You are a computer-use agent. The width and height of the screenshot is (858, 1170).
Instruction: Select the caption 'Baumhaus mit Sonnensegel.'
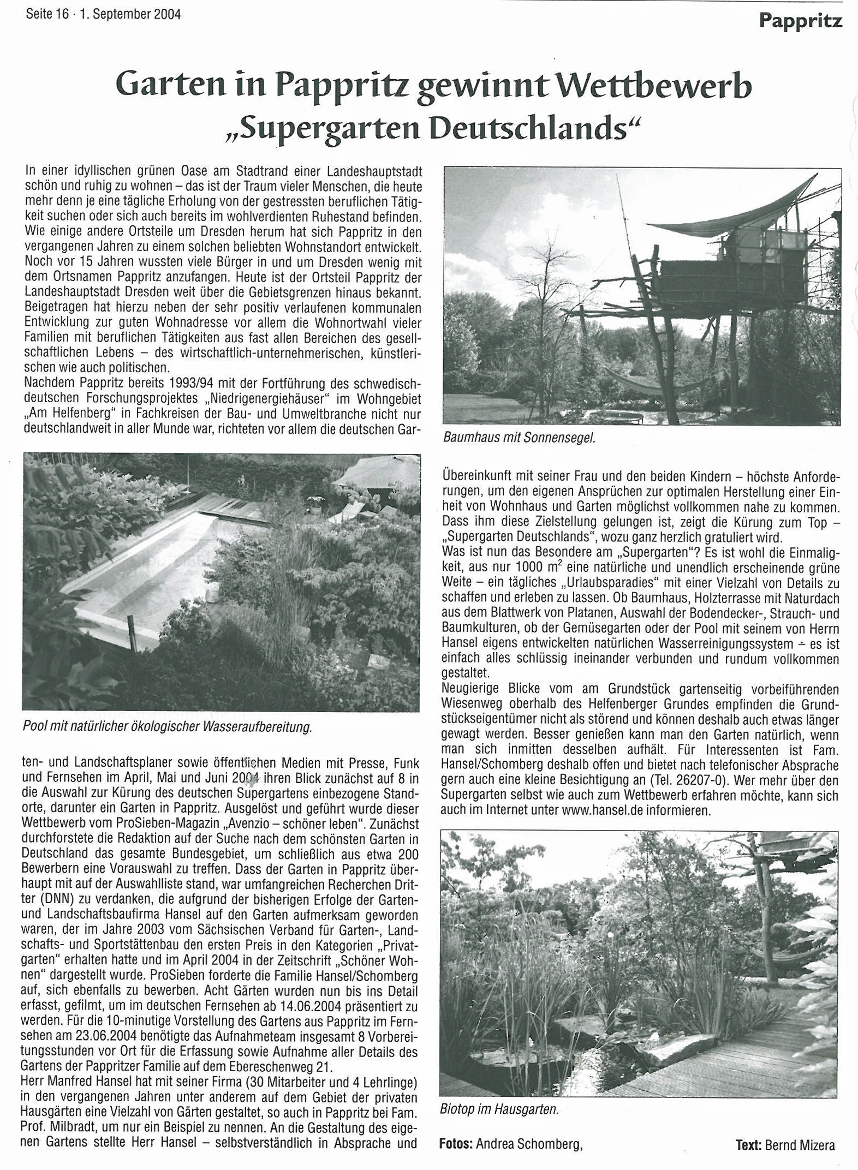pyautogui.click(x=519, y=438)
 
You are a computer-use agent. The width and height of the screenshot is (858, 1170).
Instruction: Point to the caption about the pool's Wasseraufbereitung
pyautogui.click(x=167, y=727)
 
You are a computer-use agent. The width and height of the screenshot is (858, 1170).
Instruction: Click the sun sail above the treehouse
pyautogui.click(x=726, y=213)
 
